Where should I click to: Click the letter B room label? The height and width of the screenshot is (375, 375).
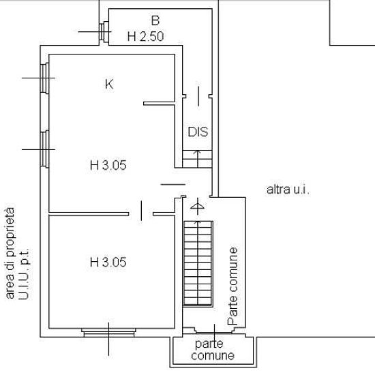click(x=155, y=20)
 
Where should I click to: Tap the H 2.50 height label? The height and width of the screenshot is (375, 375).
click(x=145, y=36)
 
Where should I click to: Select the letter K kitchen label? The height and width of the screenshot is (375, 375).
click(x=109, y=84)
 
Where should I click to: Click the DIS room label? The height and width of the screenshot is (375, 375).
click(x=198, y=132)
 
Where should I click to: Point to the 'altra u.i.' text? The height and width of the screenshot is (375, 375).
click(x=288, y=190)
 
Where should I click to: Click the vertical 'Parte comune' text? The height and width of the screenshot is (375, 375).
click(x=233, y=286)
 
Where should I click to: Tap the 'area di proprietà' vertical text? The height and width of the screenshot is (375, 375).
click(x=10, y=253)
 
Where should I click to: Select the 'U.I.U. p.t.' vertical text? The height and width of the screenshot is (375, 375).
click(x=24, y=274)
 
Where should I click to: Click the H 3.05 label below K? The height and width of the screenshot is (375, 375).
click(x=108, y=165)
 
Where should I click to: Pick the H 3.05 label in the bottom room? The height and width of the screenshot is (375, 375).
click(x=108, y=262)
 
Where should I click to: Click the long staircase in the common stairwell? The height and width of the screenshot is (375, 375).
click(x=198, y=264)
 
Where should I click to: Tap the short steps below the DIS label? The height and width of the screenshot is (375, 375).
click(x=197, y=159)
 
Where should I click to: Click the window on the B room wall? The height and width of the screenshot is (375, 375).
click(x=104, y=31)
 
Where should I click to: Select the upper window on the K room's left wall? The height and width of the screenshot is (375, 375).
click(x=44, y=78)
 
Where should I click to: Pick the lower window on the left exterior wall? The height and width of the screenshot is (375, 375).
click(x=44, y=149)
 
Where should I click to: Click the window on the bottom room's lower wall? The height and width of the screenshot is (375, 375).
click(x=108, y=333)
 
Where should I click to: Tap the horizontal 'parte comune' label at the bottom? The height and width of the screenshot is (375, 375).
click(x=213, y=350)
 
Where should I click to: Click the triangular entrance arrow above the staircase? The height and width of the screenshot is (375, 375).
click(x=197, y=206)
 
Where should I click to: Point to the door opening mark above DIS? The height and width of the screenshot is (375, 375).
click(x=198, y=96)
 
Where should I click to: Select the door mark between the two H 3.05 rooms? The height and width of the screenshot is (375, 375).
click(x=141, y=211)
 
